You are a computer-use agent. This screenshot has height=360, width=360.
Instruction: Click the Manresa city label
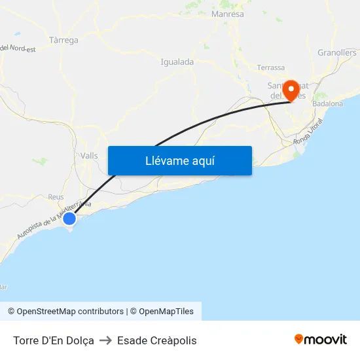point(228,14)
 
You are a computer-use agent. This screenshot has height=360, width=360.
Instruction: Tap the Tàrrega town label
point(63,40)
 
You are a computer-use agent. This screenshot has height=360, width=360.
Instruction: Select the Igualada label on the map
point(177,62)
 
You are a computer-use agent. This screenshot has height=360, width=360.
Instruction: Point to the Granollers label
point(336,52)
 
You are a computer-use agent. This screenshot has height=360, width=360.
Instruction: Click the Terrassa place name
point(271,67)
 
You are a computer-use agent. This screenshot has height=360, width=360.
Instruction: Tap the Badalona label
point(327,103)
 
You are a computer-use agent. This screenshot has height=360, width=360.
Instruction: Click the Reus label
point(56,196)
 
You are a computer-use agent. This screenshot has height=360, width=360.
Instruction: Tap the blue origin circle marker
point(69,218)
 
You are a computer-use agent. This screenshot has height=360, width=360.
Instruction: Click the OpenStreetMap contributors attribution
point(65,312)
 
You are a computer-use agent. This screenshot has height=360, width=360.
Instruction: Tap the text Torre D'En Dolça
point(53,340)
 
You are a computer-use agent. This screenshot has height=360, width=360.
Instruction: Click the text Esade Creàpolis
point(156,340)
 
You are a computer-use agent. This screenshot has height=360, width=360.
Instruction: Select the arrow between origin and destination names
point(105,340)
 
